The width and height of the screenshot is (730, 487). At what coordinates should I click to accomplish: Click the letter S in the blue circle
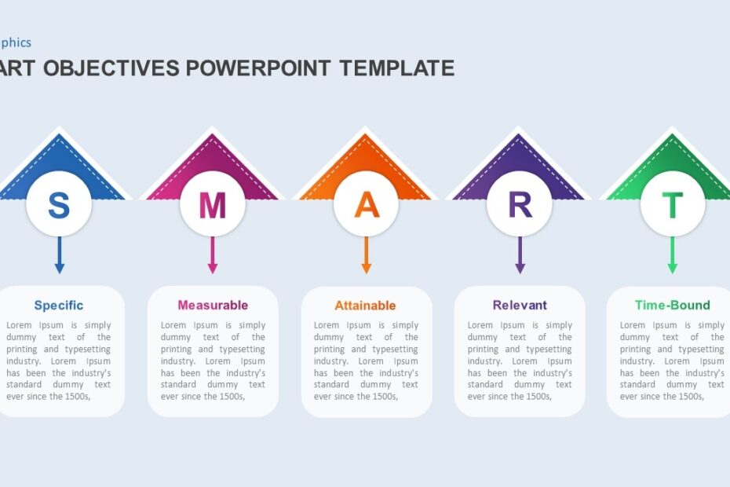(x=59, y=205)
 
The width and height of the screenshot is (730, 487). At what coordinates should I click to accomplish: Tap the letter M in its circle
(x=212, y=205)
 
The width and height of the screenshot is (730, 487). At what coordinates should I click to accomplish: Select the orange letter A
(x=366, y=205)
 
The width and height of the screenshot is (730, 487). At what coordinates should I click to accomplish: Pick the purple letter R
(x=520, y=205)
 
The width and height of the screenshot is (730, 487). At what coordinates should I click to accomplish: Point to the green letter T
(x=672, y=205)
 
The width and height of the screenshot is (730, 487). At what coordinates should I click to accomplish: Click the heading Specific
(x=59, y=306)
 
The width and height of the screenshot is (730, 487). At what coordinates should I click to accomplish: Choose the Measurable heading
(x=213, y=306)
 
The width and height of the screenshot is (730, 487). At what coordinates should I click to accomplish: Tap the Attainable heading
(x=366, y=306)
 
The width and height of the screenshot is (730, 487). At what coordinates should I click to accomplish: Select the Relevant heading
(x=520, y=306)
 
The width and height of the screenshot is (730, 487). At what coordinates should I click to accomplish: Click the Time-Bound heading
(x=672, y=306)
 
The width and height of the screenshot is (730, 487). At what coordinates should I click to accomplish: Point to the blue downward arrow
(x=59, y=257)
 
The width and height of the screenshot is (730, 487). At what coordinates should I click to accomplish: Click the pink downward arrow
(x=212, y=257)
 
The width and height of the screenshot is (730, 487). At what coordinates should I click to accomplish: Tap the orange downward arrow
(x=366, y=257)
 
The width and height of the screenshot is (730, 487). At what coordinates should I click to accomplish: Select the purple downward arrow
(x=520, y=257)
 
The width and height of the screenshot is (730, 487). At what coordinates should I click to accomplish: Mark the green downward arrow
(x=672, y=257)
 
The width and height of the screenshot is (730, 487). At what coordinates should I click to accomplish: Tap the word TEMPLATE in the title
(x=397, y=68)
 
